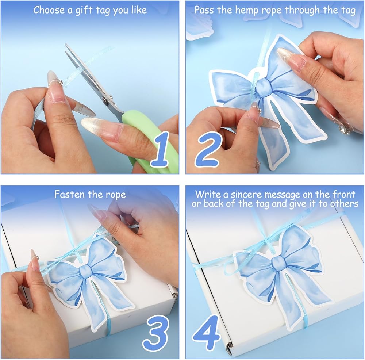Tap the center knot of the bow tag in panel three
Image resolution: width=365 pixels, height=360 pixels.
[x=86, y=271]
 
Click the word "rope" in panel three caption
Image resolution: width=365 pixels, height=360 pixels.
[x=116, y=195]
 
